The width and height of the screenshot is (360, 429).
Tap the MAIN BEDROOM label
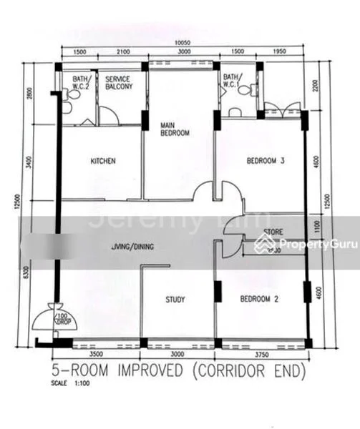pos(175,129)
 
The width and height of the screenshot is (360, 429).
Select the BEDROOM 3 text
pos(266,162)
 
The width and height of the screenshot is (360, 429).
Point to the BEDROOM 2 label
pos(258,300)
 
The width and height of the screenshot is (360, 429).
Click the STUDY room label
pos(175,300)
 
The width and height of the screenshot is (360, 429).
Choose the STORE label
pos(273,232)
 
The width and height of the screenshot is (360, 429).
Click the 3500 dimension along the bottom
pos(98,353)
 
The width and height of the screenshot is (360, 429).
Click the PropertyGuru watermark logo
pos(321,244)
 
